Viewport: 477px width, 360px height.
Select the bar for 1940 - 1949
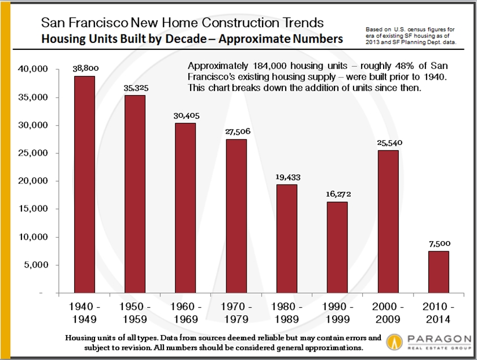[84, 185]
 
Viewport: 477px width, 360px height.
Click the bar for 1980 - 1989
[286, 239]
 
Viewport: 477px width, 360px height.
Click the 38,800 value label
[84, 67]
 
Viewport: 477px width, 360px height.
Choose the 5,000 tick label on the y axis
[40, 265]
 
